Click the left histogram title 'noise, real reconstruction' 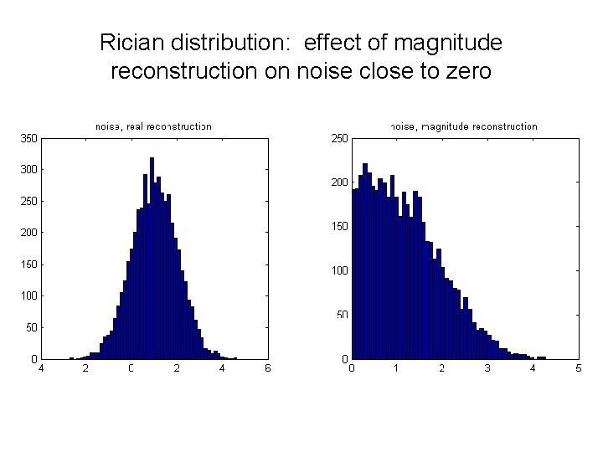pyautogui.click(x=153, y=126)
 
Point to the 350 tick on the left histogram pyautogui.click(x=28, y=138)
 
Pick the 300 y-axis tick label pyautogui.click(x=28, y=170)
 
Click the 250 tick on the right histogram pyautogui.click(x=339, y=138)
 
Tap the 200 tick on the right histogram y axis pyautogui.click(x=339, y=182)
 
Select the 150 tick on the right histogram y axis pyautogui.click(x=339, y=227)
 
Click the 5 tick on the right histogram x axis pyautogui.click(x=578, y=367)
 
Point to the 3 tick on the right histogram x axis pyautogui.click(x=487, y=367)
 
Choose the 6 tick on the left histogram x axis pyautogui.click(x=266, y=367)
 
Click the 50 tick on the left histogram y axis pyautogui.click(x=31, y=328)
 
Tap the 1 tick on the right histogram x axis pyautogui.click(x=397, y=367)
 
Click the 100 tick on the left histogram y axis pyautogui.click(x=28, y=296)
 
